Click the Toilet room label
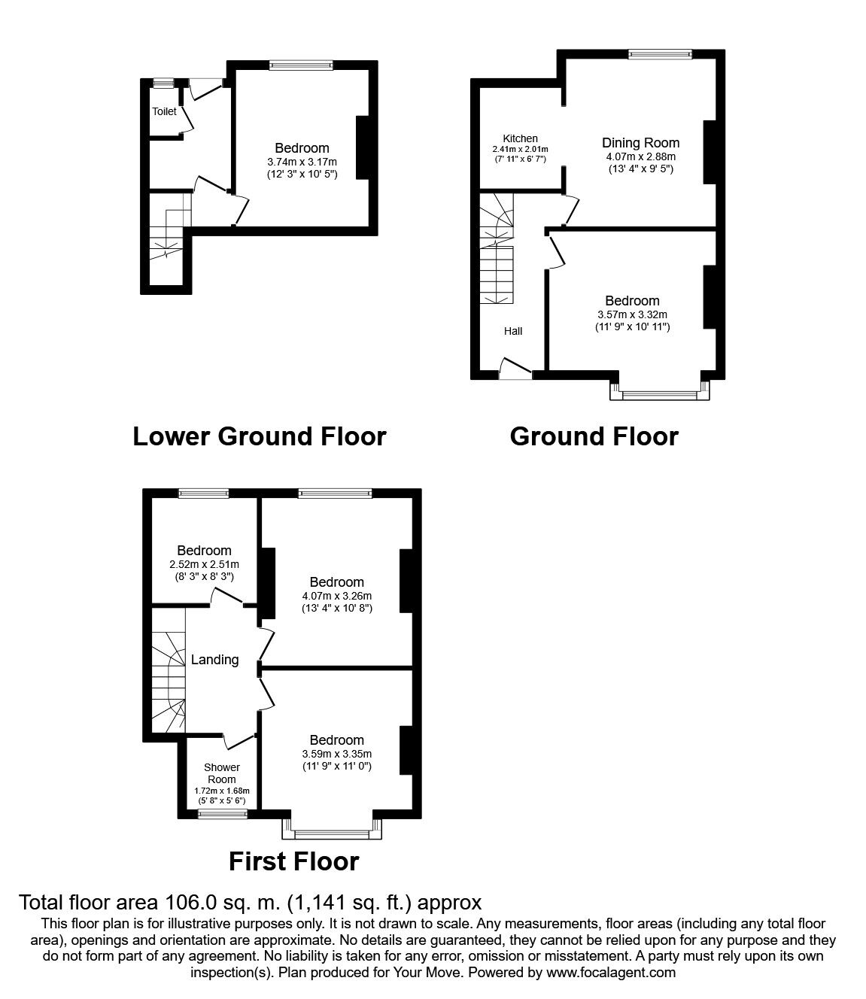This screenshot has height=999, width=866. [x=165, y=111]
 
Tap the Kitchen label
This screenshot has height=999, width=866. [x=520, y=138]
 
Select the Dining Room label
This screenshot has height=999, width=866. [x=641, y=143]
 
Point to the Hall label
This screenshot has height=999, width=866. [x=513, y=331]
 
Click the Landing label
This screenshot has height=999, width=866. [x=214, y=660]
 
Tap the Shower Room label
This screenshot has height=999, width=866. [x=222, y=773]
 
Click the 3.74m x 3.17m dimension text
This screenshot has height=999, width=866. [x=302, y=162]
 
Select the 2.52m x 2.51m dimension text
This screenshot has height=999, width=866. [x=204, y=564]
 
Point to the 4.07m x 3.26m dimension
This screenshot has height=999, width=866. [x=337, y=596]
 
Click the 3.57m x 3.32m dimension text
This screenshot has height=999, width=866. [x=633, y=314]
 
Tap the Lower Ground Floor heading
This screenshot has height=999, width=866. [x=260, y=436]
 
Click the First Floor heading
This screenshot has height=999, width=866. [x=294, y=861]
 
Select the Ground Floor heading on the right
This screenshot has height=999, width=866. [x=594, y=436]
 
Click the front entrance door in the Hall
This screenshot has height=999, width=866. [x=516, y=369]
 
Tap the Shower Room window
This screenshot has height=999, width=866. [x=223, y=815]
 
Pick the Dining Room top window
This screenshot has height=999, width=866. [x=661, y=54]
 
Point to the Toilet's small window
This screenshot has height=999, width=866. [x=163, y=83]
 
